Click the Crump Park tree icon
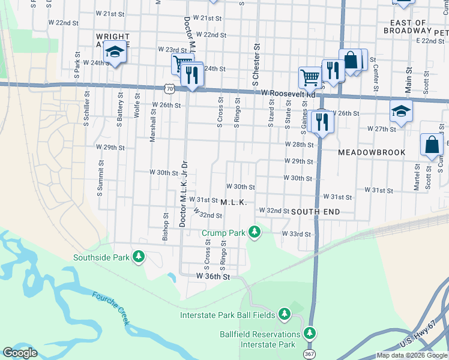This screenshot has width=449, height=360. coord(255,232)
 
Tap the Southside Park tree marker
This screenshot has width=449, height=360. coord(139,257)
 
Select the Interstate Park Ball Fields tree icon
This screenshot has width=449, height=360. coord(284,314)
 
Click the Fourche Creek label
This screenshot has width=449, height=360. coord(111,308)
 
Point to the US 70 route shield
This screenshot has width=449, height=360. coord(172,89)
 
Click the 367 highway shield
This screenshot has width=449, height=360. coord(308,354)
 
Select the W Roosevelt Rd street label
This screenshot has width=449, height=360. coord(288,94)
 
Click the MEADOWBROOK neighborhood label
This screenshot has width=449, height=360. coord(372,152)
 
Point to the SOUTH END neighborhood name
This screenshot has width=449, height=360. coord(316,212)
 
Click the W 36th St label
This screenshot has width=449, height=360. coord(213,276)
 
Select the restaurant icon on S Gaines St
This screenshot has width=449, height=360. coord(323,122)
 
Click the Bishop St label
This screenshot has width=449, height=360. coord(165,226)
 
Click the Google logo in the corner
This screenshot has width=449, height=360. coord(20,353)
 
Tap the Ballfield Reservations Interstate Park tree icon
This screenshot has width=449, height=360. coord(310,332)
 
